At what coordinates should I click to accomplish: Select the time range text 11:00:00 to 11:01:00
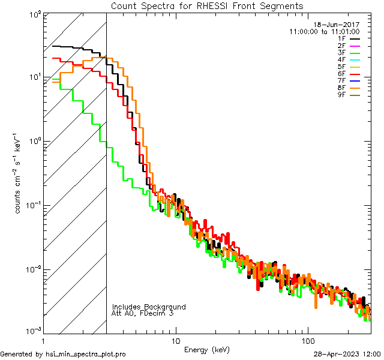tap(324, 31)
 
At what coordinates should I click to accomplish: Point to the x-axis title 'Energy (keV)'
tap(206, 349)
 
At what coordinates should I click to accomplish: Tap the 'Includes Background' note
tap(149, 307)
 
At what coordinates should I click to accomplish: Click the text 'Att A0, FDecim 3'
tap(143, 313)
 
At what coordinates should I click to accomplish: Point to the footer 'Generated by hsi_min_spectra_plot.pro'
tap(63, 355)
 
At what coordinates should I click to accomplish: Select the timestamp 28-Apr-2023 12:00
tap(346, 354)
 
